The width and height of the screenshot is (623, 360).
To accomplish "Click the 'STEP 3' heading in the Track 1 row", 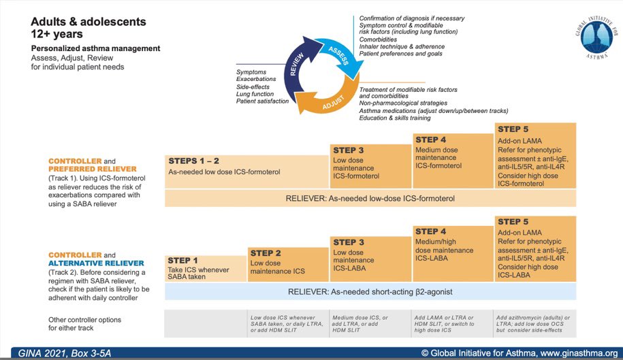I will pos(349,150).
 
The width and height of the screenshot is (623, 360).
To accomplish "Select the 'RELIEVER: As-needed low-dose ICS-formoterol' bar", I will pos(370,198).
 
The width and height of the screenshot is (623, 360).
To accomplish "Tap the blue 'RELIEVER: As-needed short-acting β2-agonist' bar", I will pos(370,291).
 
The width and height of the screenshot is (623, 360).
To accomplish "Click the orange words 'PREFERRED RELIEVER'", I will pos(92,169).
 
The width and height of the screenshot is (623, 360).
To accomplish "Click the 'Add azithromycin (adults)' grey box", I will pos(535,323).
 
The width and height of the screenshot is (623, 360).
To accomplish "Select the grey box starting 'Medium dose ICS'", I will pos(370,323).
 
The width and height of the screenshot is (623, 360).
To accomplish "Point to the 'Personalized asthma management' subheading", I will pos(95,48).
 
